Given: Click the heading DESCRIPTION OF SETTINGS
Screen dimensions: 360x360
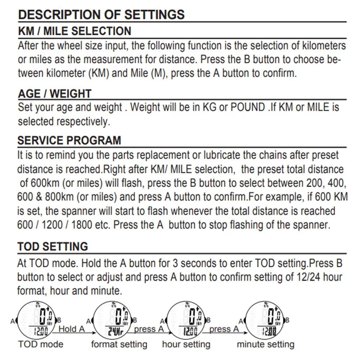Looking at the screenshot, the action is pyautogui.click(x=101, y=14).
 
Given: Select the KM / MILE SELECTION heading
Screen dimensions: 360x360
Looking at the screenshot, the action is pyautogui.click(x=74, y=31).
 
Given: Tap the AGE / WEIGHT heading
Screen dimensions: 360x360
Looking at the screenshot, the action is pyautogui.click(x=55, y=94).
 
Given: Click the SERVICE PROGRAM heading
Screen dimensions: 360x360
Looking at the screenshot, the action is pyautogui.click(x=69, y=140).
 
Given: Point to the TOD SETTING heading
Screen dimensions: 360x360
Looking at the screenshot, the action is pyautogui.click(x=53, y=246).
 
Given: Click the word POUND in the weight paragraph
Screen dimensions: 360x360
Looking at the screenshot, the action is pyautogui.click(x=248, y=107).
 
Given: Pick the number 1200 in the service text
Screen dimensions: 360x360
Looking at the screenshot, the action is pyautogui.click(x=52, y=225).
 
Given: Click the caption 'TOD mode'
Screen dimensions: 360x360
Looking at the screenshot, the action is pyautogui.click(x=41, y=344).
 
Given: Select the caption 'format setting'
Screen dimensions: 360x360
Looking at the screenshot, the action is pyautogui.click(x=119, y=345).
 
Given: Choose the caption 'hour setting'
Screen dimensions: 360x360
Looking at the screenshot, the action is pyautogui.click(x=186, y=345).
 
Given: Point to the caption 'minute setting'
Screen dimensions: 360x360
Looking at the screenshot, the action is pyautogui.click(x=266, y=345).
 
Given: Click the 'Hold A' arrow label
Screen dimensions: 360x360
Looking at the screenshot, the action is pyautogui.click(x=72, y=329).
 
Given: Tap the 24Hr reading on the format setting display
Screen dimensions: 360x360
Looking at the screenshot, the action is pyautogui.click(x=115, y=332).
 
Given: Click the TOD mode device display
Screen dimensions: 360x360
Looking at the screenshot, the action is pyautogui.click(x=37, y=320).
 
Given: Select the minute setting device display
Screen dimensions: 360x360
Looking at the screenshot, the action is pyautogui.click(x=264, y=320).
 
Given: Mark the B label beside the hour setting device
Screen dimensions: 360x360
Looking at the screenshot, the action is pyautogui.click(x=209, y=320).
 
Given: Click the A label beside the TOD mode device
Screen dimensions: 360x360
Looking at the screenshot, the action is pyautogui.click(x=13, y=321).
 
